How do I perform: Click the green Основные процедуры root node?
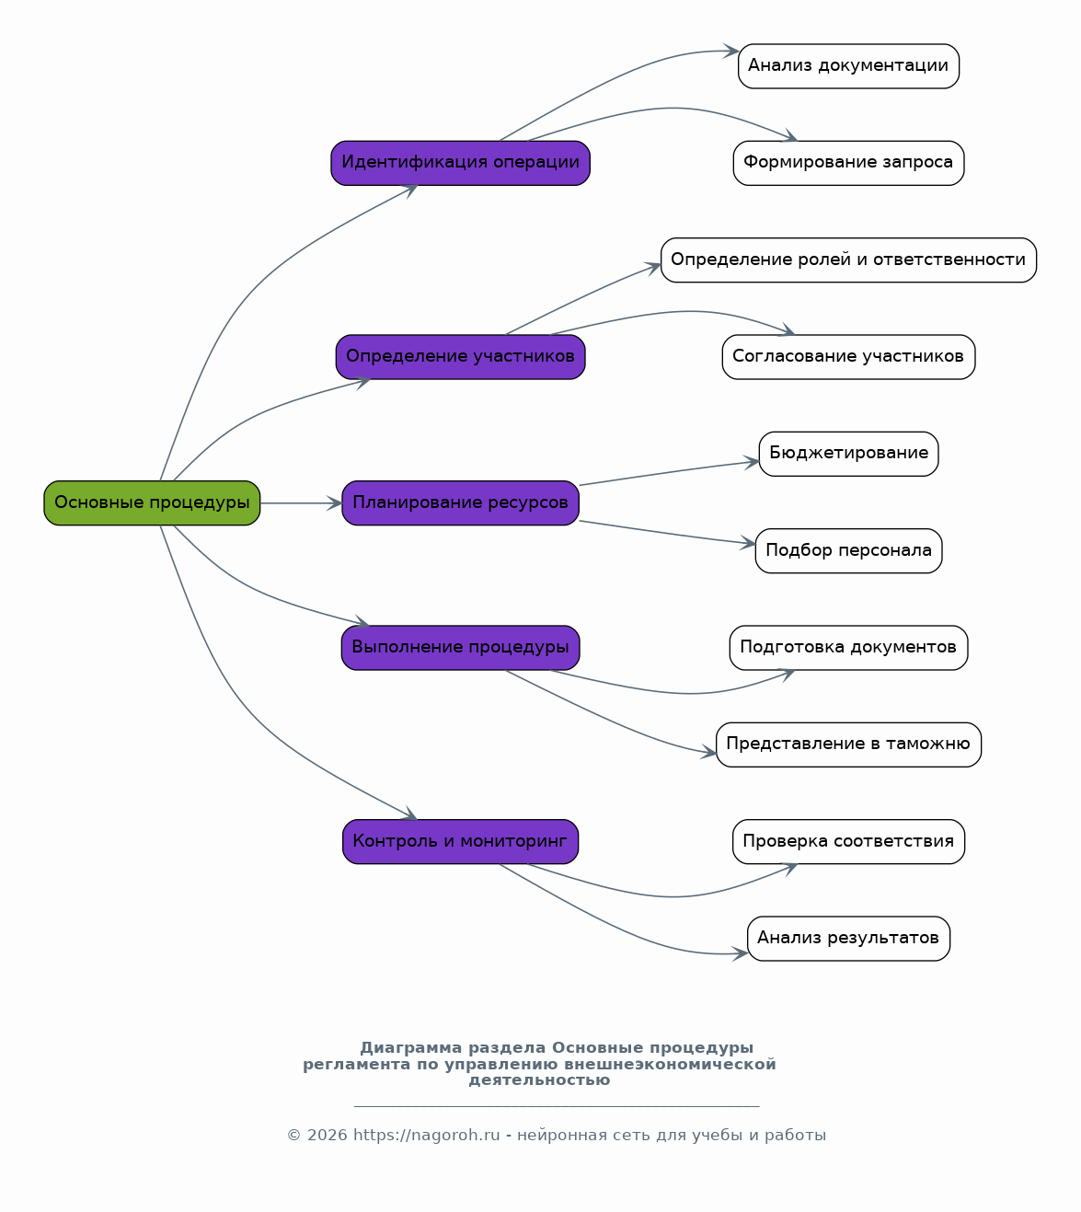coord(152,503)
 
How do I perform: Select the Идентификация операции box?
coord(461,163)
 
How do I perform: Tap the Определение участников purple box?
coord(461,357)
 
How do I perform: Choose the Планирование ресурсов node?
coord(461,503)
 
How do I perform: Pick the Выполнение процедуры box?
coord(461,648)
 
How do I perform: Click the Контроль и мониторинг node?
coord(461,842)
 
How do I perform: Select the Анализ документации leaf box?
coord(849,66)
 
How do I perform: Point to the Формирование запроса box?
coord(849,163)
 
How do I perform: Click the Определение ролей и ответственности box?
coord(849,260)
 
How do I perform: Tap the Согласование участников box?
coord(849,357)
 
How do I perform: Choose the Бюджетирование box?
coord(849,454)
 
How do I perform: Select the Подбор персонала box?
coord(849,551)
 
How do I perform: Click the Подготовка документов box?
coord(849,648)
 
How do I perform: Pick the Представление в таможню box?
coord(849,745)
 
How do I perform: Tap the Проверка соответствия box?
coord(849,842)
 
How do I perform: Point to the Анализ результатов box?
coord(849,939)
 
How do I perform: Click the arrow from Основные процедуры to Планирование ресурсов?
coord(301,503)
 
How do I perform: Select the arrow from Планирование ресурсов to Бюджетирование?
coord(670,473)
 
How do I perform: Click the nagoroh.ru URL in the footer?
coord(427,1136)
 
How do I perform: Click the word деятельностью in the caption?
coord(540,1080)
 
